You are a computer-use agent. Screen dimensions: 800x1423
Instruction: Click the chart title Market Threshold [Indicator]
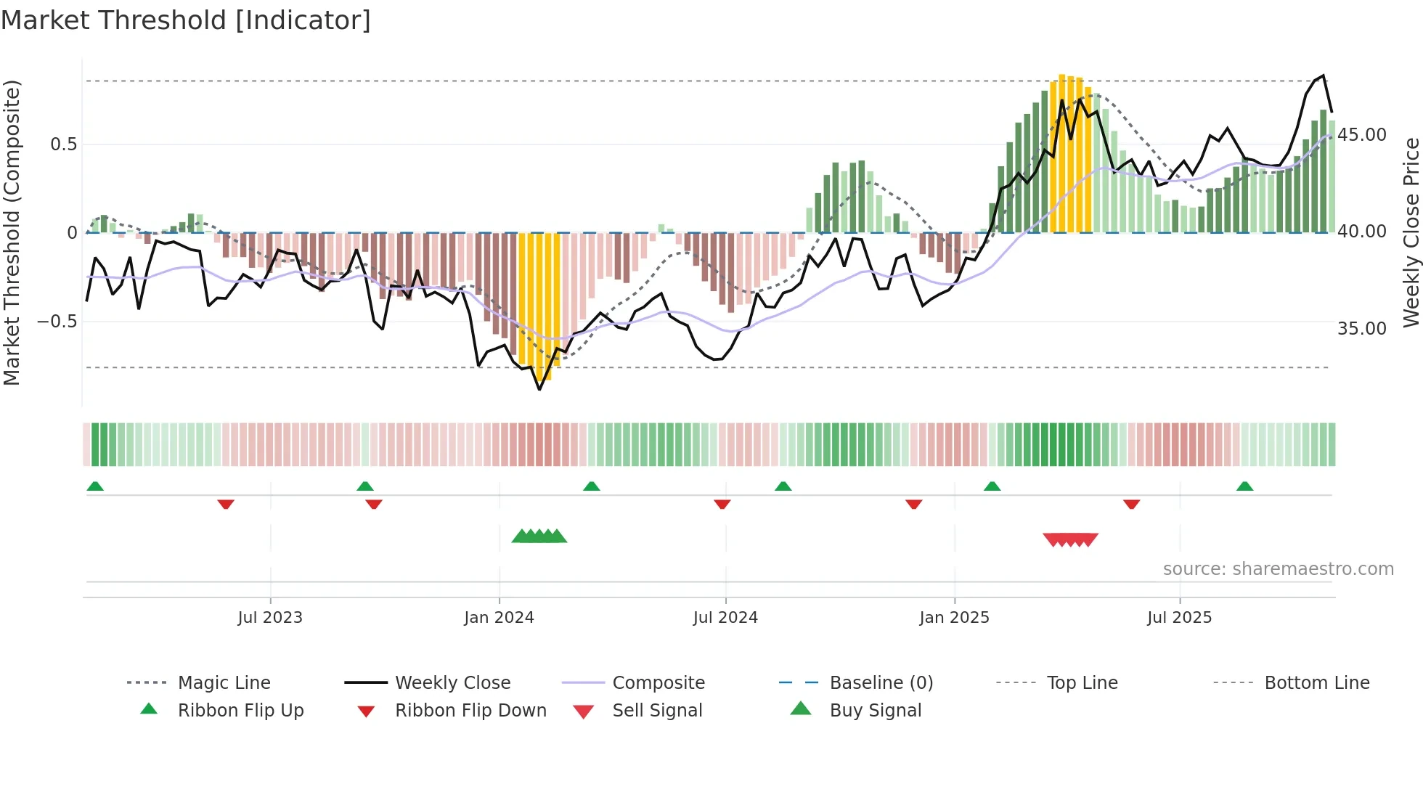186,20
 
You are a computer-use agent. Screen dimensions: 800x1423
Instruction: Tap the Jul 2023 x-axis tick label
270,618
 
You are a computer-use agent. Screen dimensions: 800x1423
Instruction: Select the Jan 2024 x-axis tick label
499,618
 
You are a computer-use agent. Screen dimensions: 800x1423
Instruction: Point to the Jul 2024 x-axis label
725,618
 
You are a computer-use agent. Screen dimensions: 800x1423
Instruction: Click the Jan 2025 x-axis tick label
954,618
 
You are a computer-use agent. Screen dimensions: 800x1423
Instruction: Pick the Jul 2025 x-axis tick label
1180,618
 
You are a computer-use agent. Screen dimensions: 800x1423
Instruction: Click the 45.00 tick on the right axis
1362,135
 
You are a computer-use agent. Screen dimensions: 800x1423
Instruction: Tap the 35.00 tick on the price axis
1362,329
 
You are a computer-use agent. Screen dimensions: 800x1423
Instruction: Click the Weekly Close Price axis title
1411,232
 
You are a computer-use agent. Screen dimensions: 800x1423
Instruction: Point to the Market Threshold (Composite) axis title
12,232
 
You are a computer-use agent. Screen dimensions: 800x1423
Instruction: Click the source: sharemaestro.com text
1278,569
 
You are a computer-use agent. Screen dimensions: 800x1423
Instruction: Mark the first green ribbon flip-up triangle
95,486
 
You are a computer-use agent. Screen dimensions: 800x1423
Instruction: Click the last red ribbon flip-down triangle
1131,504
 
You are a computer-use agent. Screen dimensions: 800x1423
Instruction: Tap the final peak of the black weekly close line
1323,75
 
